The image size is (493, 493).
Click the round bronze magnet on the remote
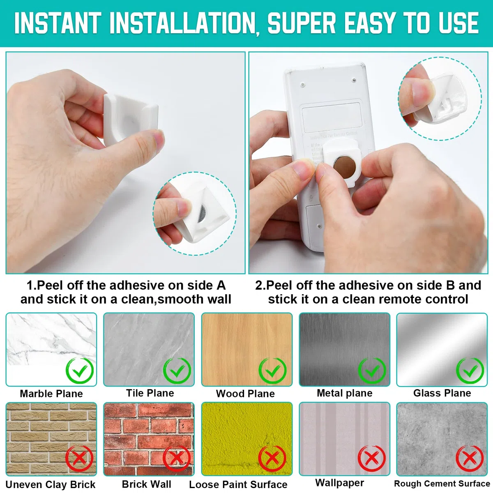pos(345,166)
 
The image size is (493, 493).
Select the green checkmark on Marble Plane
pos(80,371)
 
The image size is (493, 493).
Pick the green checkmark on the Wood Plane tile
pos(272,371)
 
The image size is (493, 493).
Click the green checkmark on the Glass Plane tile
pos(470,371)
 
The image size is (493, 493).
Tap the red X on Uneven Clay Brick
pos(80,458)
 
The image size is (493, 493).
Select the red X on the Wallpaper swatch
pos(372,458)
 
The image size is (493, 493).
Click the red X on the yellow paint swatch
pos(272,458)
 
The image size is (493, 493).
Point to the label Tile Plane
pos(150,393)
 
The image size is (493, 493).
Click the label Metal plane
pos(345,393)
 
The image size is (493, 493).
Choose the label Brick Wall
pos(147,484)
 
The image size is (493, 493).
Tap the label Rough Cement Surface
pos(442,484)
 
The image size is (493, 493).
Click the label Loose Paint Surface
pos(238,484)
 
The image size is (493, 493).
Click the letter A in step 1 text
pos(221,285)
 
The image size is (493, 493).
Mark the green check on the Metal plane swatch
pos(372,371)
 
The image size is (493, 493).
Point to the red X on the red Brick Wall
pos(177,458)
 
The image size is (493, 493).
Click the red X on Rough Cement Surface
pos(470,458)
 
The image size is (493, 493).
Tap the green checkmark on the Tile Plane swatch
pos(177,371)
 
